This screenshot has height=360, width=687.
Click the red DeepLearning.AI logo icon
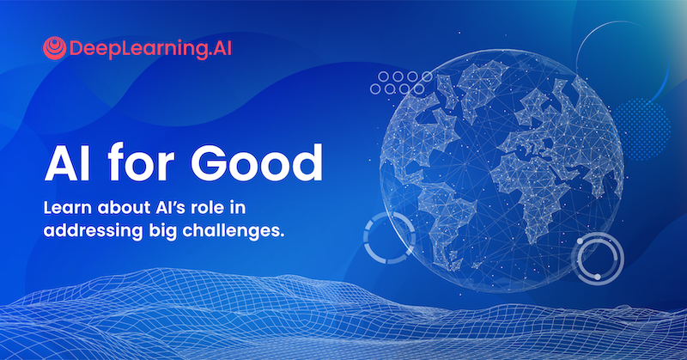(53, 46)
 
